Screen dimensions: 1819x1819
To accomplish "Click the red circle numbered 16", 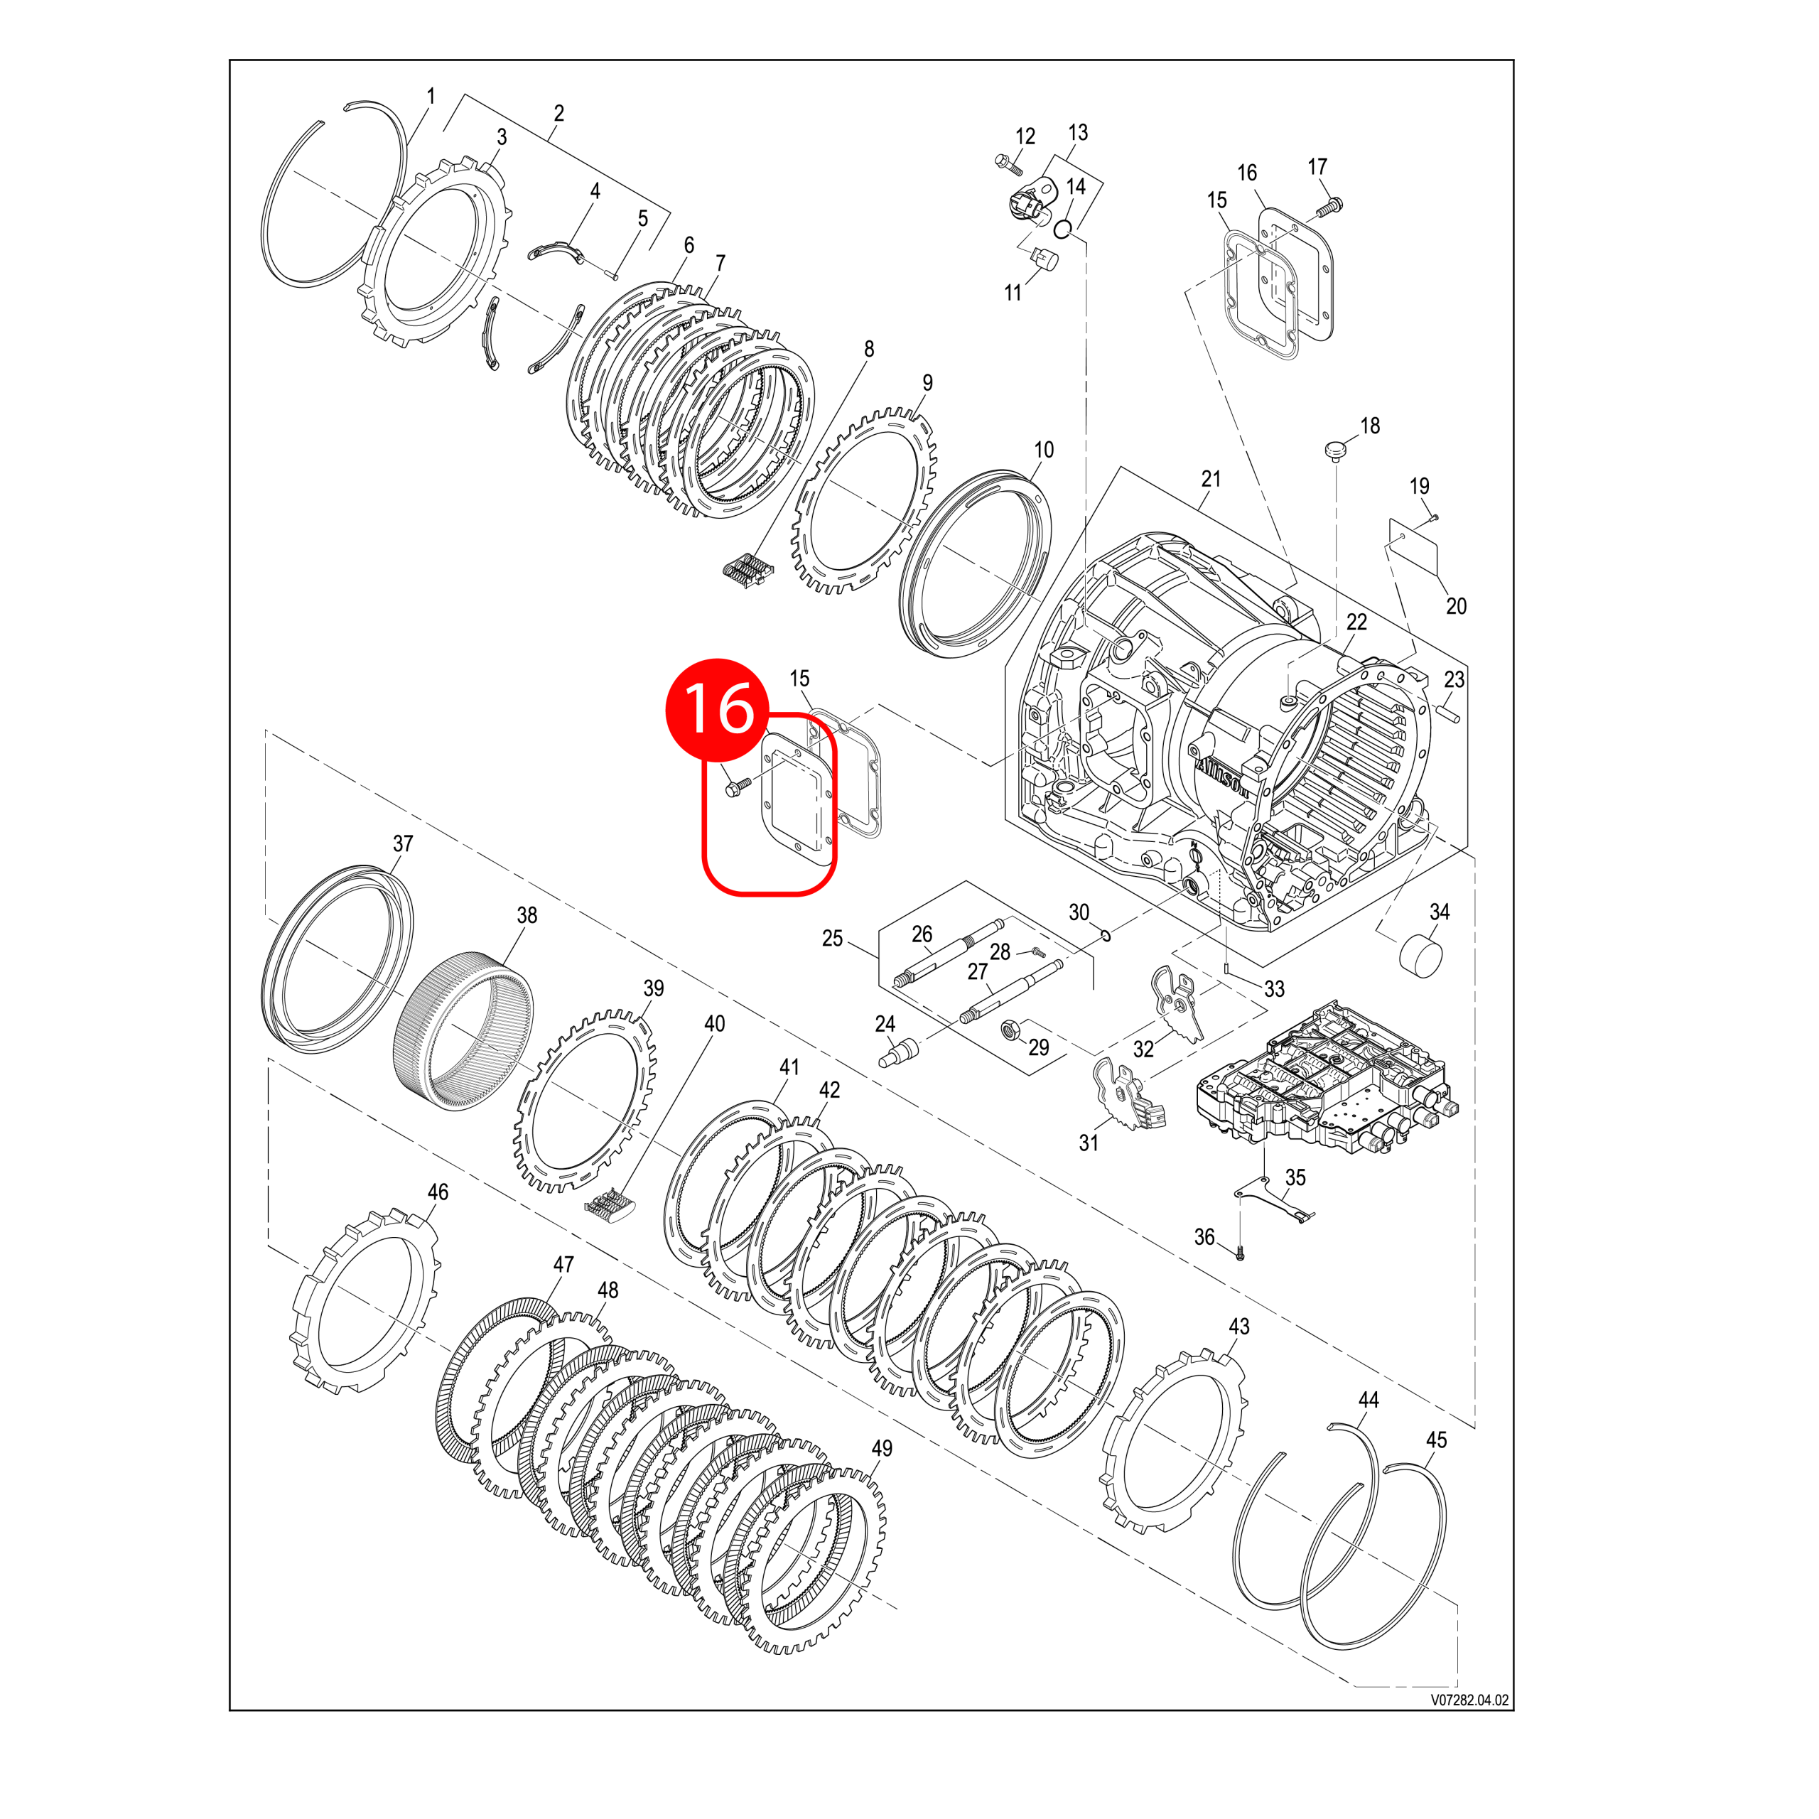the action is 718,709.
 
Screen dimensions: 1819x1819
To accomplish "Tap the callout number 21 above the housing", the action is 1211,479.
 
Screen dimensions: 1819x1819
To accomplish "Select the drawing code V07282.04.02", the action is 1469,1700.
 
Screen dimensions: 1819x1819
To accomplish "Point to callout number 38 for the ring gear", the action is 527,915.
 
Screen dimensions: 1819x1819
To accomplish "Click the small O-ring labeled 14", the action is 1063,229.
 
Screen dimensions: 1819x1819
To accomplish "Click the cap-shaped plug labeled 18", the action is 1334,449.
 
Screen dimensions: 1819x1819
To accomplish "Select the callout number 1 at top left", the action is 431,96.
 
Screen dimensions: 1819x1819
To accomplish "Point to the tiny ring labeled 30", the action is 1106,935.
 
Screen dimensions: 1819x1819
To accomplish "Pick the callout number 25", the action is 832,939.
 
